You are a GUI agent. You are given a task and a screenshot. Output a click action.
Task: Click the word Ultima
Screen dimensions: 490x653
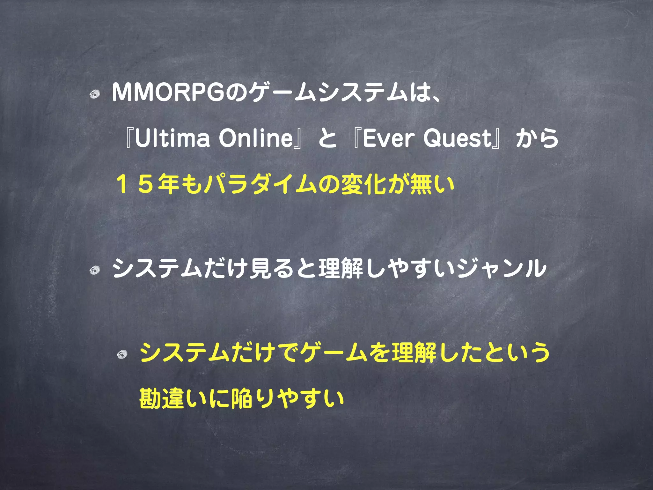coord(172,139)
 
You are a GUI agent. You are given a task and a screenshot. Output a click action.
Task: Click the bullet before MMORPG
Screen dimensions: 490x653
coord(94,94)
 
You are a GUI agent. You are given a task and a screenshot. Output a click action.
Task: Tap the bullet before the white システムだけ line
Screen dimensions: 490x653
coord(94,271)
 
